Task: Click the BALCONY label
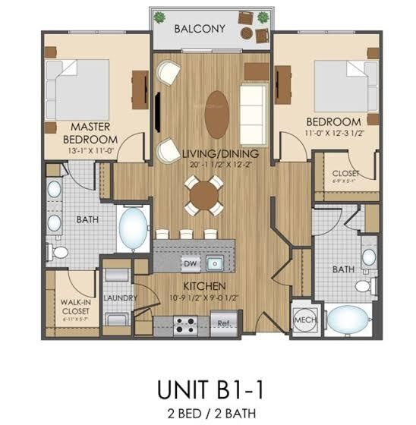click(x=200, y=29)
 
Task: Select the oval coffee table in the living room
click(x=216, y=109)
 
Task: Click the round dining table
click(x=204, y=195)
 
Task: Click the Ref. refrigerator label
click(x=224, y=323)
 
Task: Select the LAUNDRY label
click(x=118, y=298)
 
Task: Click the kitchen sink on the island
click(x=216, y=263)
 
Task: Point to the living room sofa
click(x=253, y=105)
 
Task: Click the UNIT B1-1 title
click(x=208, y=388)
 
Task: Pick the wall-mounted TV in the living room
click(x=156, y=111)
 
